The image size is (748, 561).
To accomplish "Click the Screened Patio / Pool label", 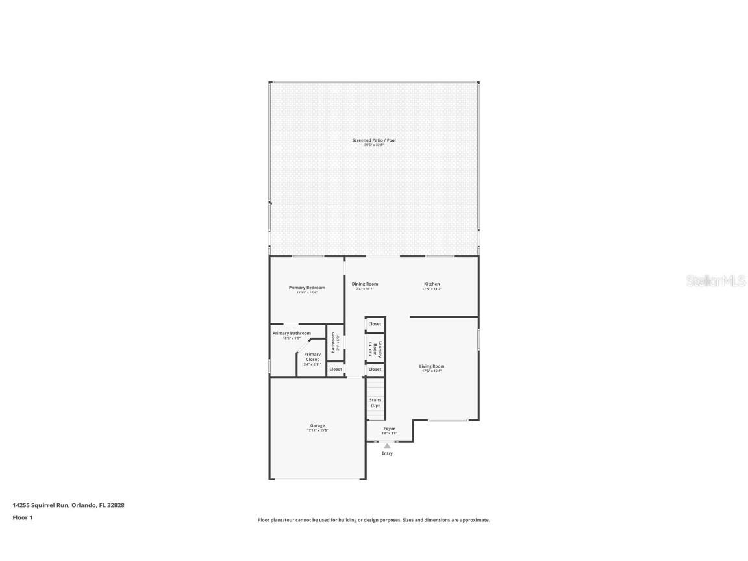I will click(373, 140).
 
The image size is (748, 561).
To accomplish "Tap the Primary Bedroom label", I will click(307, 288).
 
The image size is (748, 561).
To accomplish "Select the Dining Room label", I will click(365, 284).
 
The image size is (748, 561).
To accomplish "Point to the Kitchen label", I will click(432, 284).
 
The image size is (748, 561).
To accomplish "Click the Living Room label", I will click(432, 366).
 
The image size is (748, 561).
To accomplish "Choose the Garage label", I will click(318, 426).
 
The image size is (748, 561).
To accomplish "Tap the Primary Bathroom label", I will click(292, 333).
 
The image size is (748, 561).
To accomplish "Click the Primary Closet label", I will click(312, 357).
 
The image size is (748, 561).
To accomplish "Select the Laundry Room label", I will click(380, 349).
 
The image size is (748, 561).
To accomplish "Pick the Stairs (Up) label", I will click(375, 403).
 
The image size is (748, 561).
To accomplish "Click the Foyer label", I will click(389, 429).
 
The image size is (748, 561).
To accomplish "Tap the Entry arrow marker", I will click(387, 445).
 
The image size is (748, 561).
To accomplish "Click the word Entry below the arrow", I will click(387, 453).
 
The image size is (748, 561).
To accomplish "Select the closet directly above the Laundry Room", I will click(375, 324).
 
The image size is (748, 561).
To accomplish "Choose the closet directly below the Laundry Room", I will click(375, 369).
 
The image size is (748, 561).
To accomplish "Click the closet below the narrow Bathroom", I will click(335, 369).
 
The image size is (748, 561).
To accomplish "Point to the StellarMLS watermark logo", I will click(716, 281).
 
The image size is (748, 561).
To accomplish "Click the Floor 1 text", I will click(22, 517).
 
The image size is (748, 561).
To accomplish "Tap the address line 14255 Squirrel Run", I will click(68, 505).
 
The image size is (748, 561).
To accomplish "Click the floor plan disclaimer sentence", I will click(374, 520).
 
